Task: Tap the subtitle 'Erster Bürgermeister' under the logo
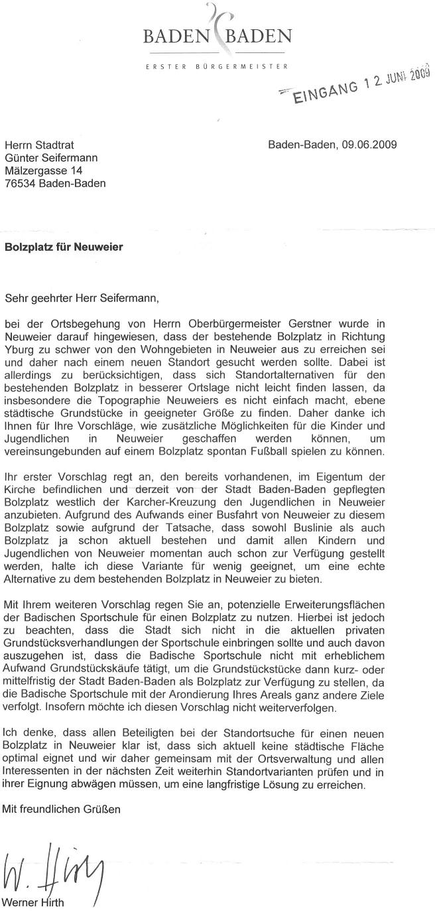pyautogui.click(x=217, y=66)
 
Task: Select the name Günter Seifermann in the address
pyautogui.click(x=51, y=158)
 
